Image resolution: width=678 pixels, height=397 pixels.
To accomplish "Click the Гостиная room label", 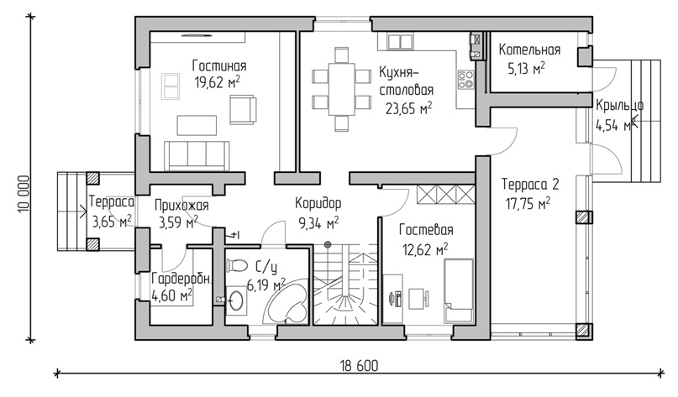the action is point(219,66).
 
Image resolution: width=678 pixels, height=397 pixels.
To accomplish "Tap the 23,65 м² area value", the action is point(408,108).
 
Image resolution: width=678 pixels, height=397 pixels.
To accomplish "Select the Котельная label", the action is point(529,50).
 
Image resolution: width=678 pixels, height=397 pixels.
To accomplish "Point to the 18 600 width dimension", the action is point(359,366).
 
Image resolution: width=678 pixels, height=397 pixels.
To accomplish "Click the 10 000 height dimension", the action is point(24,194).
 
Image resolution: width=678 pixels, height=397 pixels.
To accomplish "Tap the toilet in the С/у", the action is point(237,264).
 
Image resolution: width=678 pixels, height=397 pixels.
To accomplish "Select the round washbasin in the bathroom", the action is point(236,300).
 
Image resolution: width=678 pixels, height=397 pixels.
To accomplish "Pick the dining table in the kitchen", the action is point(342,89).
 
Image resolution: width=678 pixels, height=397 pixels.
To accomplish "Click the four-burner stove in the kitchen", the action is point(466,80).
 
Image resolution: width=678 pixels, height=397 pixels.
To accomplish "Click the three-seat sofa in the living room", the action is point(197,155).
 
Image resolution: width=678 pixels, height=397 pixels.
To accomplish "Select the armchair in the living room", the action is point(243,111).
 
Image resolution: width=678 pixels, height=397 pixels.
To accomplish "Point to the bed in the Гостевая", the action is point(459,290).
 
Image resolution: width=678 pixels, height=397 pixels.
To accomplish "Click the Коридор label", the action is point(318,202).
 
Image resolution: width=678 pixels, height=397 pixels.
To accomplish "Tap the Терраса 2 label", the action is point(530,185).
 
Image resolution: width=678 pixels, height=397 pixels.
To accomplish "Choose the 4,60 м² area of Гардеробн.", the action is point(172,295).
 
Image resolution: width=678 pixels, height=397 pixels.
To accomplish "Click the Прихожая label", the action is point(181,205).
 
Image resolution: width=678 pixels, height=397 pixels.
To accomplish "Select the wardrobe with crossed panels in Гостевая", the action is point(445,194).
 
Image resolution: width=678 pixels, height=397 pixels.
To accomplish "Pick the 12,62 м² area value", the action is point(423,249).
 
